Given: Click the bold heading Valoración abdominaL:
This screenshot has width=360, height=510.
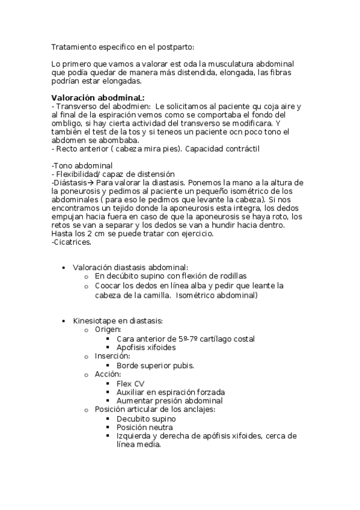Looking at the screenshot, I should coord(97,98).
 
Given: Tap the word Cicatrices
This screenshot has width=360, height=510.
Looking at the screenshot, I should coord(73,242).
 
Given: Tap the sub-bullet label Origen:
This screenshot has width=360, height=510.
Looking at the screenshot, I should coord(108,330).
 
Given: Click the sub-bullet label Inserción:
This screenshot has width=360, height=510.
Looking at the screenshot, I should coord(112,356).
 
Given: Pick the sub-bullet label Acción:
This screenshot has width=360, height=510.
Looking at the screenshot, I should coord(108,373).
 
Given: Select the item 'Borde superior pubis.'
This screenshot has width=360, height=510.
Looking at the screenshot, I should coord(155,365).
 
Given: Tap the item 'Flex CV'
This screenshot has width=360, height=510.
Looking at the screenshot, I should coord(130,383).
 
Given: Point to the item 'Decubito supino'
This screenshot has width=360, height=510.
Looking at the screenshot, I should coord(146,419).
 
